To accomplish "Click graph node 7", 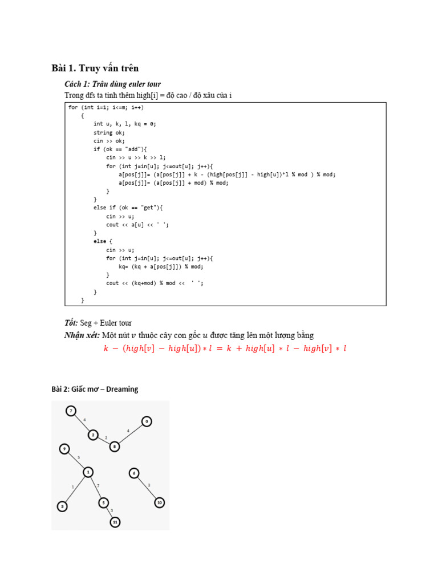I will pos(71,411).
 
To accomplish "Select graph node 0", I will pos(147,421).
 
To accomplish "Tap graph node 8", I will pos(115,446).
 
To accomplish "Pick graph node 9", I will pos(64,449).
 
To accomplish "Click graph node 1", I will pos(88,472).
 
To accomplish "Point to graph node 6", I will pos(134,473).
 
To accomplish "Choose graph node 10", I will pos(159,502).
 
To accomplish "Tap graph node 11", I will pos(115,521).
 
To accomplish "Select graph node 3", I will pos(62,506).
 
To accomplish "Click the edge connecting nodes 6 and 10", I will pos(147,488).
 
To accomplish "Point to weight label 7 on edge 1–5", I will pos(98,485).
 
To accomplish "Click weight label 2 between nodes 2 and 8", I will pos(106,437).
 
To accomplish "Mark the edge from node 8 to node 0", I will pos(131,433).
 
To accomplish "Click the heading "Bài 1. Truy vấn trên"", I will pos(95,68).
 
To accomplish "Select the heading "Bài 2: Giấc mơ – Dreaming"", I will pos(95,389).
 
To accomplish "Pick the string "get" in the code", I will pos(141,208).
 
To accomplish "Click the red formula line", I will pos(225,348).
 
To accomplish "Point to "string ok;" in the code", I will pos(109,132).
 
